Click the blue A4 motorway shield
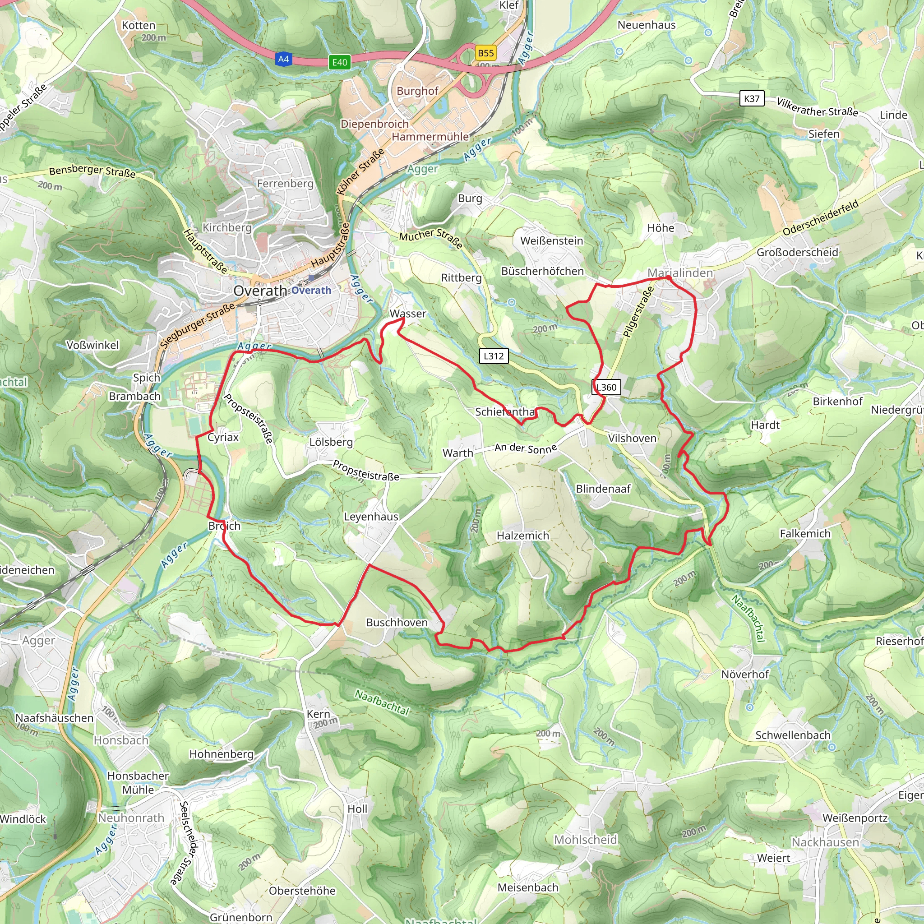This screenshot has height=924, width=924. click(x=284, y=59)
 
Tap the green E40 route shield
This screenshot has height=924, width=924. click(x=340, y=62)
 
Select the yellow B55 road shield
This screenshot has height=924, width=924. click(x=485, y=53)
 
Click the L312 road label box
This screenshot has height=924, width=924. click(x=494, y=356)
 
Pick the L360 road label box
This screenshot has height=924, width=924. click(x=606, y=388)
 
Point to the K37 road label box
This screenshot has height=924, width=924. click(x=751, y=99)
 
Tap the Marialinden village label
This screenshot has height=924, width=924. click(x=679, y=273)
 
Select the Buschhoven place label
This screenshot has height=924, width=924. click(x=397, y=622)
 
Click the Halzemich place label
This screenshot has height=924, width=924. click(x=523, y=536)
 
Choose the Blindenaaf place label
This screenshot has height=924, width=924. click(x=603, y=489)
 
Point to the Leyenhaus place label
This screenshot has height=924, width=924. click(x=371, y=517)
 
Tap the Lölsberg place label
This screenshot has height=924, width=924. click(x=331, y=442)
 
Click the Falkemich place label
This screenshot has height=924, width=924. click(x=805, y=534)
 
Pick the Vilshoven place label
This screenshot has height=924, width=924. click(x=632, y=438)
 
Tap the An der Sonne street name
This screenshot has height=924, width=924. click(x=526, y=448)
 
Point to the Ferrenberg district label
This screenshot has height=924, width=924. click(x=285, y=184)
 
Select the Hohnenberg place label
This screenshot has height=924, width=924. click(x=222, y=754)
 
